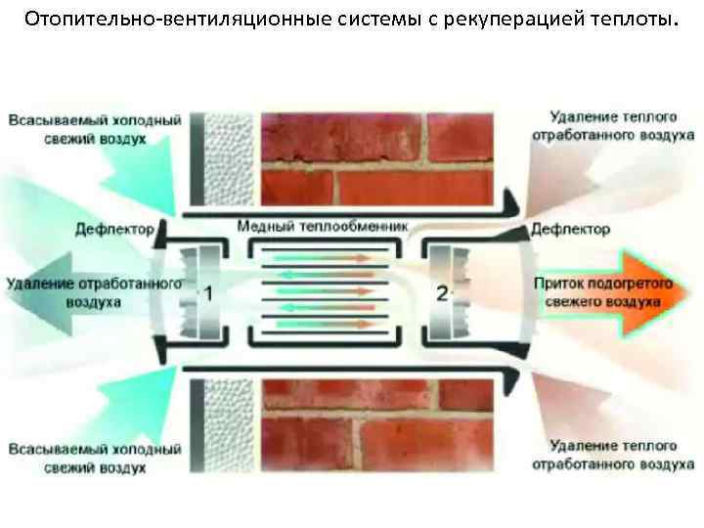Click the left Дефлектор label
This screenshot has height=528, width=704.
click(x=115, y=230)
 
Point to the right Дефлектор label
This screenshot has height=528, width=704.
click(x=571, y=229)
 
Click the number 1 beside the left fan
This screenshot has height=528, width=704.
click(x=207, y=292)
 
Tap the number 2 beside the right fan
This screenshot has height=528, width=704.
click(x=443, y=292)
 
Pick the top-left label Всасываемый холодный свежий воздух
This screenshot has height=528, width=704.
click(x=95, y=130)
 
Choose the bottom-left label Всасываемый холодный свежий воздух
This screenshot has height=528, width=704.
click(x=95, y=459)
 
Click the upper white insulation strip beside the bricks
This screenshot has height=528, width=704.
click(x=230, y=158)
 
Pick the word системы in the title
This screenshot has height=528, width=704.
click(x=370, y=21)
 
